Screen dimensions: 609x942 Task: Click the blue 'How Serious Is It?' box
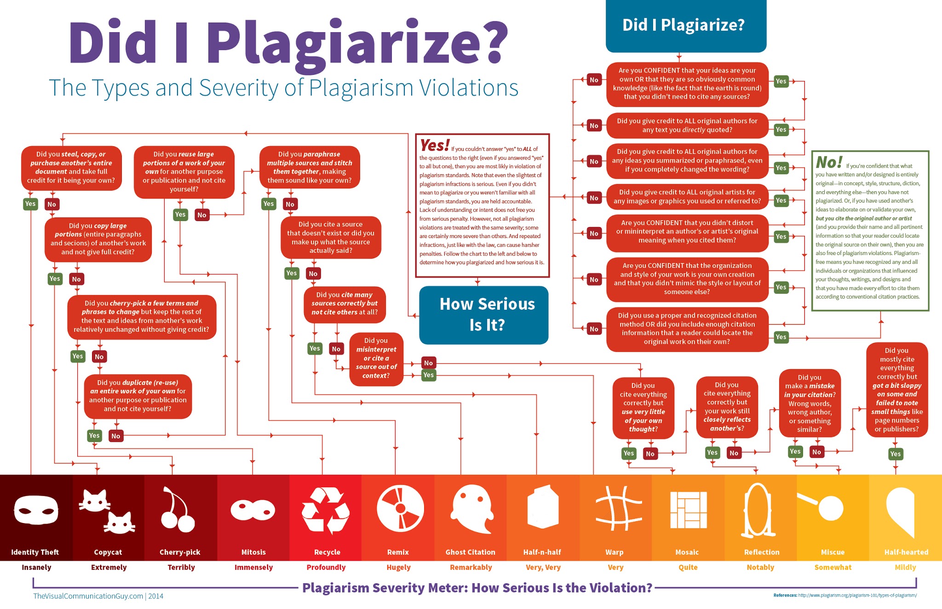(x=484, y=315)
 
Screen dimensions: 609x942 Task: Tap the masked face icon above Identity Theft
(x=36, y=510)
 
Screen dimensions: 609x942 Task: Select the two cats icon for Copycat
(x=107, y=511)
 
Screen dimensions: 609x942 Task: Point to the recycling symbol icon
(x=326, y=510)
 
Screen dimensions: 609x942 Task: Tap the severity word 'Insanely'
(x=36, y=567)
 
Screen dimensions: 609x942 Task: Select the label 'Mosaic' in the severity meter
(x=687, y=552)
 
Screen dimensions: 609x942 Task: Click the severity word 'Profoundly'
(x=326, y=567)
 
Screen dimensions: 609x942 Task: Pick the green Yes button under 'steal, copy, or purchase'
(x=30, y=204)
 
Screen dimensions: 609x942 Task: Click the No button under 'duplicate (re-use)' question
(x=116, y=436)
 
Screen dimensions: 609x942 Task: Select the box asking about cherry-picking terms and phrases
(x=142, y=317)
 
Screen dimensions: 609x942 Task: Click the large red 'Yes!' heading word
(x=434, y=146)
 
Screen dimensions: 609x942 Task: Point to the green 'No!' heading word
(x=829, y=162)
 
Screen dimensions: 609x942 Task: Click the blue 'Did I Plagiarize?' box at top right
(x=685, y=26)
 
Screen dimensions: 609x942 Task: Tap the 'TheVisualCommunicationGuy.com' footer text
(x=88, y=596)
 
